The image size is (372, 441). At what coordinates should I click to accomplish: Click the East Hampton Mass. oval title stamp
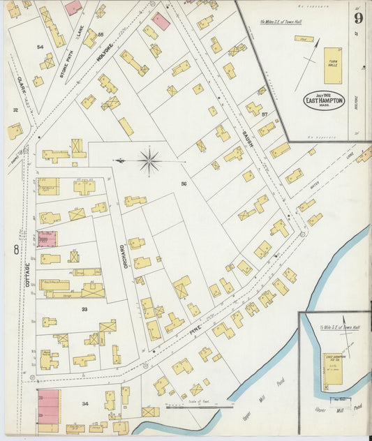point(324,100)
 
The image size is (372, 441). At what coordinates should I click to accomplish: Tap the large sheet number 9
point(357,18)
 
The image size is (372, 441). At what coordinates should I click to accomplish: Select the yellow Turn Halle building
point(333,66)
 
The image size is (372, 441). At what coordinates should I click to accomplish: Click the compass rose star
point(149,161)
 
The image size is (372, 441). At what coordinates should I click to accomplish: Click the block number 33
point(84,308)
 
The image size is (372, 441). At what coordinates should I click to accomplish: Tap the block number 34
point(85,403)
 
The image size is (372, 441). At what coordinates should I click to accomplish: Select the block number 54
point(40,47)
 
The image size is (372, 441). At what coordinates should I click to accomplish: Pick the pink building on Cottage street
point(47,239)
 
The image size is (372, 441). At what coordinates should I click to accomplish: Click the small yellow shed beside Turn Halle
point(304,39)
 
